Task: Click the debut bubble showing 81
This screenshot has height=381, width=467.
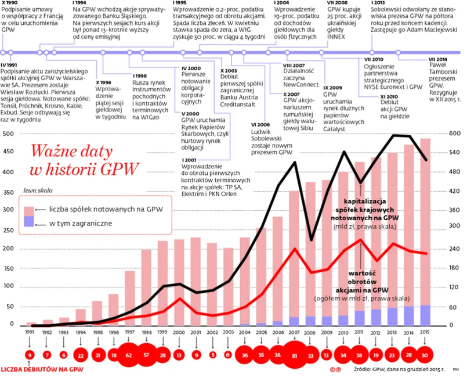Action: click(294, 355)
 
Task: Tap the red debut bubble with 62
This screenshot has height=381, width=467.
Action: click(129, 355)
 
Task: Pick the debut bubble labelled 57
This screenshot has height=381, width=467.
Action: click(146, 355)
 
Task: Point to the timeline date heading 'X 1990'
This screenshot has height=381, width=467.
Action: click(12, 3)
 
